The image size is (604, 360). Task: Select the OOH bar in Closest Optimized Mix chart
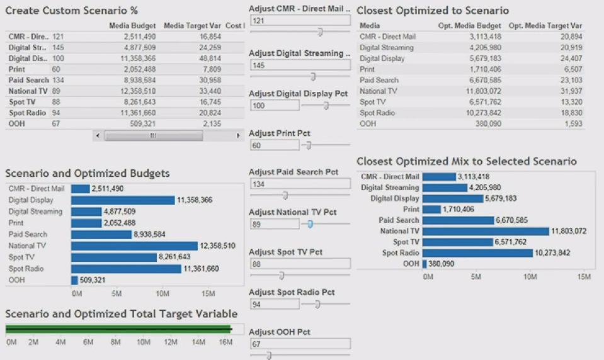tap(425, 264)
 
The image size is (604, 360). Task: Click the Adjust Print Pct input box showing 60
tap(274, 145)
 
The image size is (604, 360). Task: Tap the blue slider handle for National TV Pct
tap(311, 223)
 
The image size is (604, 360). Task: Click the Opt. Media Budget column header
tap(469, 26)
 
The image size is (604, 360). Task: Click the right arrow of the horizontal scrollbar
tap(237, 135)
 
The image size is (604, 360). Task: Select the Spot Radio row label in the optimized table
tap(377, 113)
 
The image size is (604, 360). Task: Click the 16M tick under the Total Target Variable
tap(225, 342)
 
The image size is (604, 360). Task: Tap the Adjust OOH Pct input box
tap(300, 344)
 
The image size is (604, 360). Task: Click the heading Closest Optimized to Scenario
tap(433, 11)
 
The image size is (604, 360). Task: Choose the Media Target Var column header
tap(192, 26)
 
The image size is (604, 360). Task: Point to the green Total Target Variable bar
tap(118, 329)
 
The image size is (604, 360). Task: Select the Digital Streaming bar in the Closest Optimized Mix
tap(445, 188)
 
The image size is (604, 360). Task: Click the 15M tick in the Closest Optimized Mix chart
tap(584, 276)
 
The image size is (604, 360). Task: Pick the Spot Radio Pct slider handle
tap(317, 305)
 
